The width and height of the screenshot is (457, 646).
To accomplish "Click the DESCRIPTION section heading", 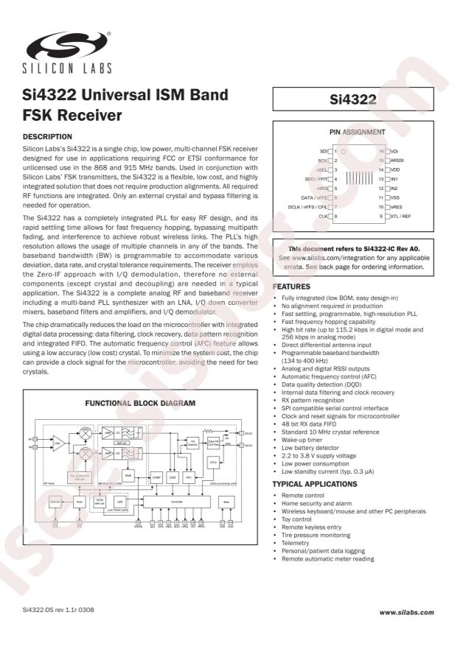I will pyautogui.click(x=48, y=136).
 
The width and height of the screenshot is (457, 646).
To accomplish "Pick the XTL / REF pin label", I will pyautogui.click(x=401, y=217).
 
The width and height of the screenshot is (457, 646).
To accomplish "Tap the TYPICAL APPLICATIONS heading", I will pyautogui.click(x=315, y=484).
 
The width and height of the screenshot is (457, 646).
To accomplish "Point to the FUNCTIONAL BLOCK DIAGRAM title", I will pyautogui.click(x=141, y=403).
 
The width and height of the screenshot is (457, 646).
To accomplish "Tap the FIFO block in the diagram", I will pyautogui.click(x=212, y=463).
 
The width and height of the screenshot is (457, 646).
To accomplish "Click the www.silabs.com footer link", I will pyautogui.click(x=407, y=612).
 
